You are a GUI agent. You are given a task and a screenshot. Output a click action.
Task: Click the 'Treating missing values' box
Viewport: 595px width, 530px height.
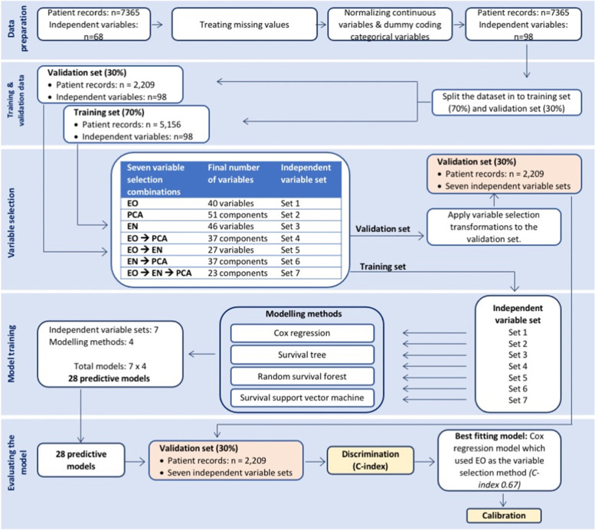[239, 24]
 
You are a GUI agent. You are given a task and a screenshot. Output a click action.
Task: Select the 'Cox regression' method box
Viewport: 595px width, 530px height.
[302, 333]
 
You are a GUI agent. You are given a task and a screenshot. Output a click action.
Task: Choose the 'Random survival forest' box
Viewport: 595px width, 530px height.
[302, 376]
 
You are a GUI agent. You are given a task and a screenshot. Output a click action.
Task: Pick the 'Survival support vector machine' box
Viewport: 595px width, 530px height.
[302, 397]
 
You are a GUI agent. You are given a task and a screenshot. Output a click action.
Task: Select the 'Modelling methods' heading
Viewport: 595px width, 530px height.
[302, 314]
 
